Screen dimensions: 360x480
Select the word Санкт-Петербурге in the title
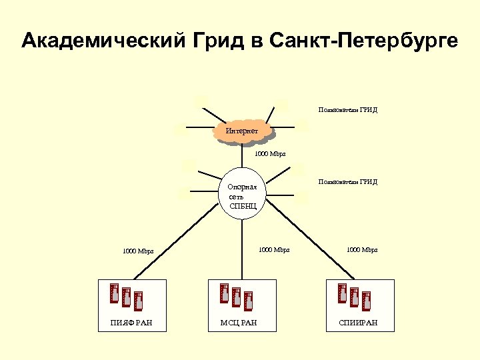point(365,41)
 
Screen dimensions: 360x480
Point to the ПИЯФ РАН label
point(131,323)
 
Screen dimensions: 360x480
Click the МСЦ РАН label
point(239,323)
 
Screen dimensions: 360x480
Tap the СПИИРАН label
point(358,323)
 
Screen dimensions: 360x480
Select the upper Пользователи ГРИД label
point(348,110)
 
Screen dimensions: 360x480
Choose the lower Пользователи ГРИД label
point(348,181)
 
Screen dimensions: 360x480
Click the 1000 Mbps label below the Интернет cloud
point(270,154)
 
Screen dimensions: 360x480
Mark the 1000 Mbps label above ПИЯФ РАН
point(138,251)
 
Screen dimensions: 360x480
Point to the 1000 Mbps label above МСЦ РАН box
point(274,250)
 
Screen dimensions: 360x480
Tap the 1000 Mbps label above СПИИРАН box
point(362,250)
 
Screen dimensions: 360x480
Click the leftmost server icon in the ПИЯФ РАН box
point(114,293)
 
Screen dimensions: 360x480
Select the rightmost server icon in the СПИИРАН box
point(366,301)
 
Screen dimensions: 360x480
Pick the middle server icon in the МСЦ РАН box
point(236,297)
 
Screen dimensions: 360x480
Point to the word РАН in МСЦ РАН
point(249,323)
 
